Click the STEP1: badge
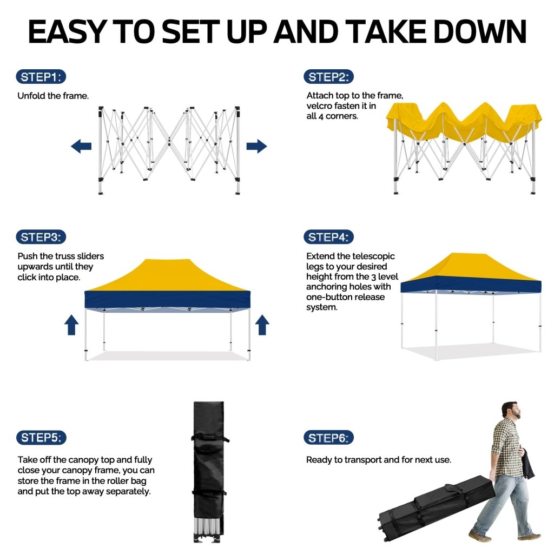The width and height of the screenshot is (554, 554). tap(41, 77)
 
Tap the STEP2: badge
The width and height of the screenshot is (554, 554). tap(328, 77)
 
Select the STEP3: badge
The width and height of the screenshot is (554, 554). tap(41, 237)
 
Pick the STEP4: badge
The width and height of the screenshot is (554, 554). tap(328, 237)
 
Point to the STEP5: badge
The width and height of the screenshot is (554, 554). tap(41, 437)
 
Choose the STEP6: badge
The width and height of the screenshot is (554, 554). tap(328, 438)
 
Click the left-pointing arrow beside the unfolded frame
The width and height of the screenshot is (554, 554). tap(81, 146)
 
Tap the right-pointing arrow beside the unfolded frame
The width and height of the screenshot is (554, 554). tap(256, 146)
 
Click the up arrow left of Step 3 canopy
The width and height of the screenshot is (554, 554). tap(71, 325)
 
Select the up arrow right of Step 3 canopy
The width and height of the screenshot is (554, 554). tap(262, 325)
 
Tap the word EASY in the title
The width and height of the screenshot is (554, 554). tap(67, 31)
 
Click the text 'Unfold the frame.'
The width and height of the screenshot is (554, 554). tap(53, 96)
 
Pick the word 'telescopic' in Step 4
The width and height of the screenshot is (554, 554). tap(373, 256)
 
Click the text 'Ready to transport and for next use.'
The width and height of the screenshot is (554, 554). tap(378, 460)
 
